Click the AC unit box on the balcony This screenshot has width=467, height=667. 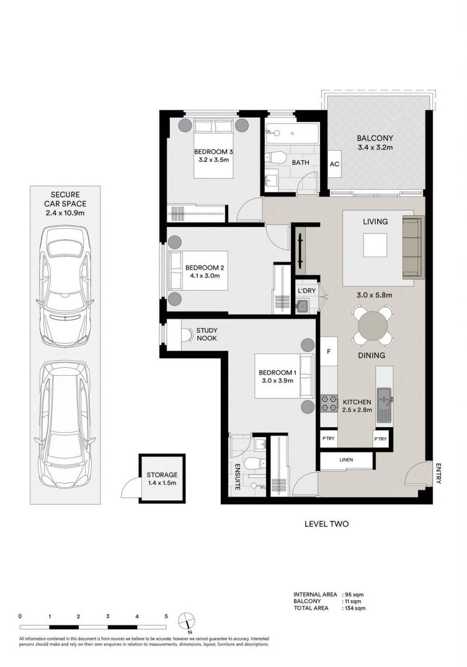pos(334,164)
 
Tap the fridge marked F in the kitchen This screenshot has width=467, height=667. pos(329,351)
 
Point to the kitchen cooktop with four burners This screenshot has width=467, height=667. pos(329,404)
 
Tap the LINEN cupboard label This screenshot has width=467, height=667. pos(346,460)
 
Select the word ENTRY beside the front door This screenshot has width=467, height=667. pos(438,473)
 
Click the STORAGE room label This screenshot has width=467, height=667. pos(162,475)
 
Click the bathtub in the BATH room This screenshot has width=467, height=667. pos(292,134)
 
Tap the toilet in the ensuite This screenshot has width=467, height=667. pos(255,463)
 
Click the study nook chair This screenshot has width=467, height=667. pos(186,336)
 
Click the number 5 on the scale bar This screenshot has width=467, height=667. pos(166,616)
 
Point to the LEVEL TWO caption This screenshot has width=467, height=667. pos(326,523)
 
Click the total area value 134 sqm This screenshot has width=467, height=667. pos(354,608)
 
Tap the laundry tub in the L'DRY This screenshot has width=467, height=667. pos(303,305)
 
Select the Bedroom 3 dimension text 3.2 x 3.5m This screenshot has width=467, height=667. pos(214,160)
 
